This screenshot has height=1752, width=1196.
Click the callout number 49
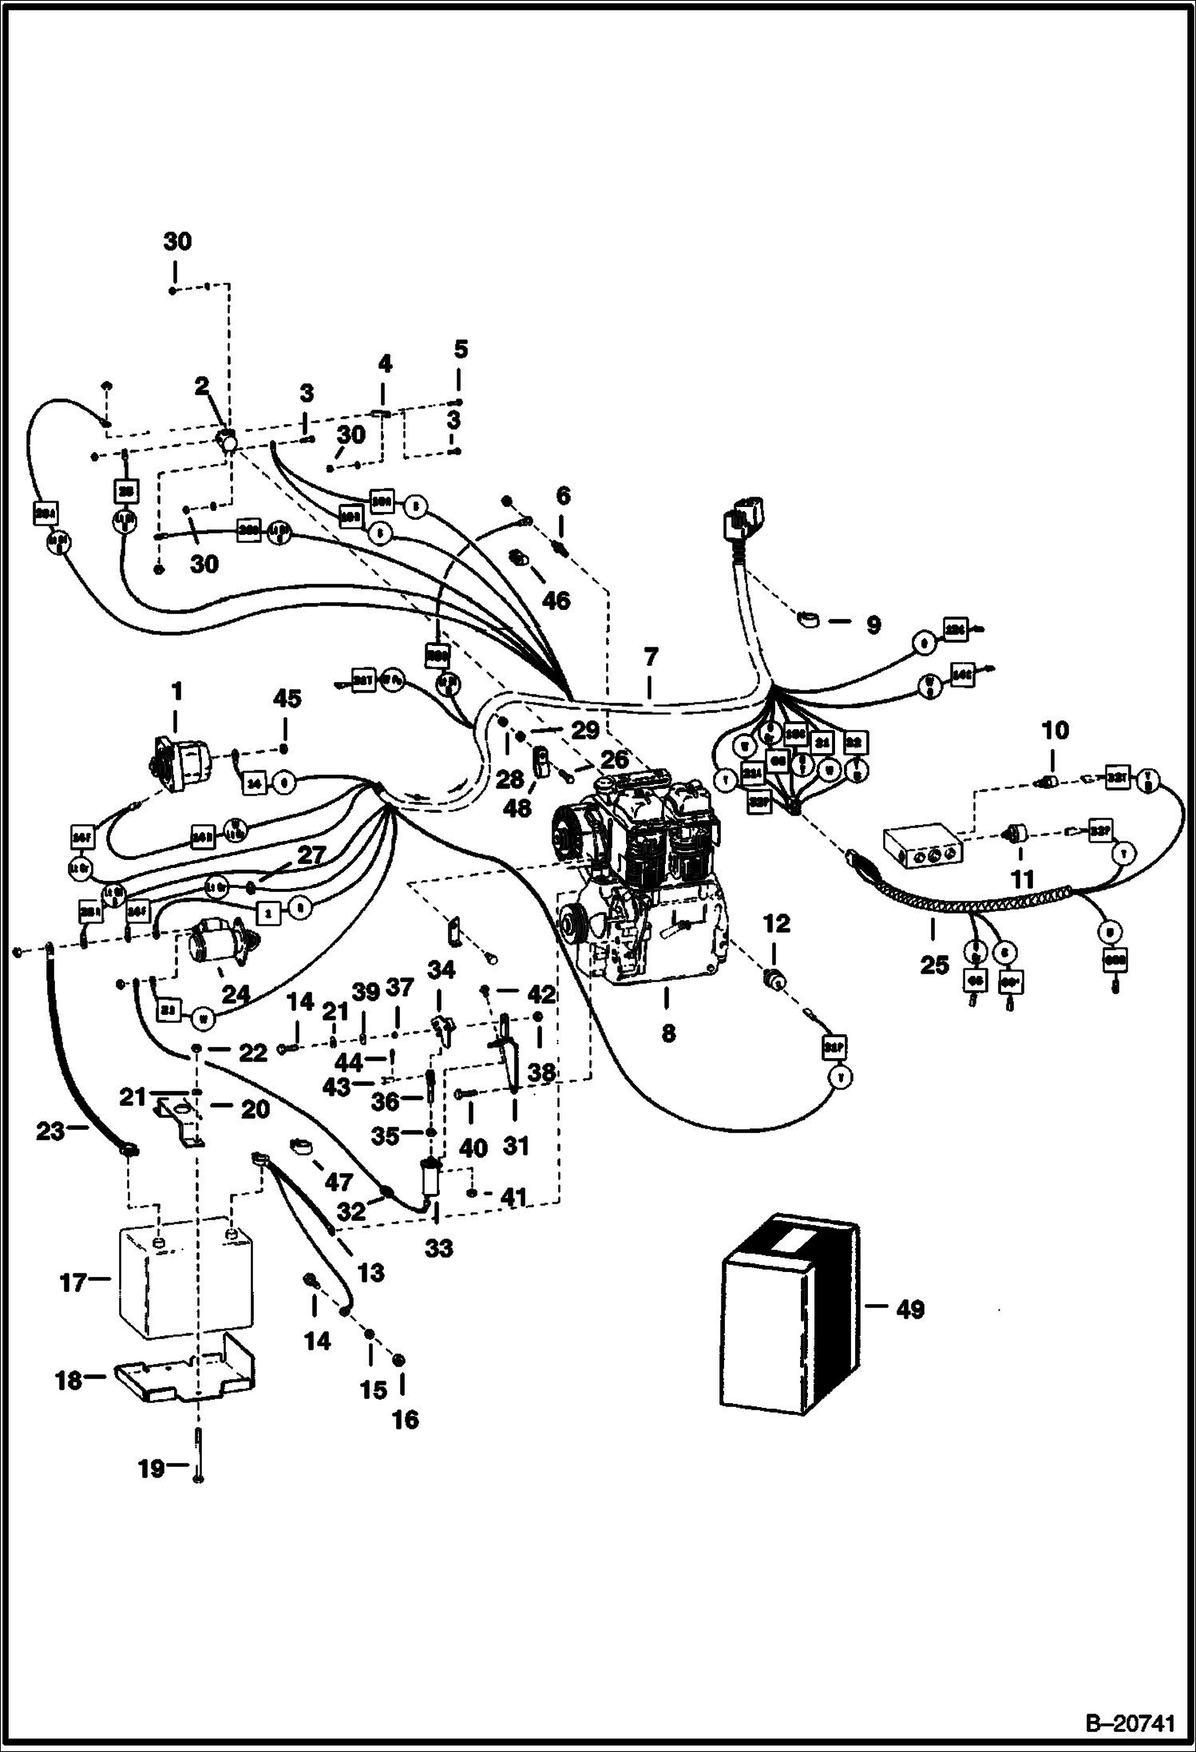click(910, 1310)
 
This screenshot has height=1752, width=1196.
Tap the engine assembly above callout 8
click(639, 878)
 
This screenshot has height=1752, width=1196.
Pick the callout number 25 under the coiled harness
click(934, 965)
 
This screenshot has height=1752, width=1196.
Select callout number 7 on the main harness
click(651, 658)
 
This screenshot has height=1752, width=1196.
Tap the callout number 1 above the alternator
click(176, 690)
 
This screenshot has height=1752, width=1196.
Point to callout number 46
click(556, 600)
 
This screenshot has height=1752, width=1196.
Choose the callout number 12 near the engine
click(776, 924)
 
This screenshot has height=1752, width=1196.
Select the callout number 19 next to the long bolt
click(152, 1468)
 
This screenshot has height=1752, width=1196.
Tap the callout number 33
click(438, 1247)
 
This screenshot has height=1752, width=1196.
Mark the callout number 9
click(873, 625)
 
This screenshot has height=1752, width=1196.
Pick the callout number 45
click(287, 700)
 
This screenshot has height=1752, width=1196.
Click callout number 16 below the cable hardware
click(406, 1419)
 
